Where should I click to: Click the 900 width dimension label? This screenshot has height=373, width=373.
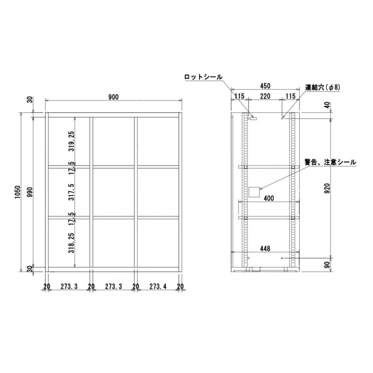113,97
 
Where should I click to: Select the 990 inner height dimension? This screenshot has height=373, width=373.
30,192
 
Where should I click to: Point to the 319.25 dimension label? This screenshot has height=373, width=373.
72,141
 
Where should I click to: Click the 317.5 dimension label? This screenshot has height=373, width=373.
72,192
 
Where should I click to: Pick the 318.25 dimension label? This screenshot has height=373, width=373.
72,243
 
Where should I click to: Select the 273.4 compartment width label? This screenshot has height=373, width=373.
158,286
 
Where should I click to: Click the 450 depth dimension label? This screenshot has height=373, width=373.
265,86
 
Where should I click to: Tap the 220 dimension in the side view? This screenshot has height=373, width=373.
265,96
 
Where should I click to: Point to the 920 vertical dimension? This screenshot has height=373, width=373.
327,188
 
